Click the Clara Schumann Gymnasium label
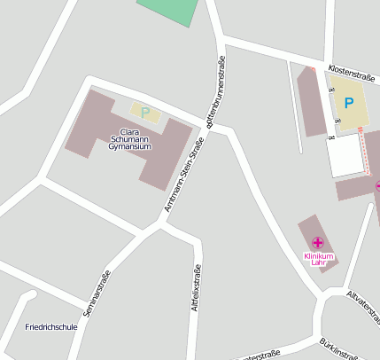tap(130, 139)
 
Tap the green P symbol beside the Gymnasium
tap(145, 113)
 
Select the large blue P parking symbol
tap(349, 104)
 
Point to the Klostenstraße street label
tap(352, 74)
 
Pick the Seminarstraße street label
tap(96, 293)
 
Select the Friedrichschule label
tap(51, 326)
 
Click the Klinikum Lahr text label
tap(318, 260)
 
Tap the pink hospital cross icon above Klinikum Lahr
tap(318, 243)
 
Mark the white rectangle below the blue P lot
tap(346, 154)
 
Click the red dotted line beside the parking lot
tap(363, 151)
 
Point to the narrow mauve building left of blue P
tap(312, 101)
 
